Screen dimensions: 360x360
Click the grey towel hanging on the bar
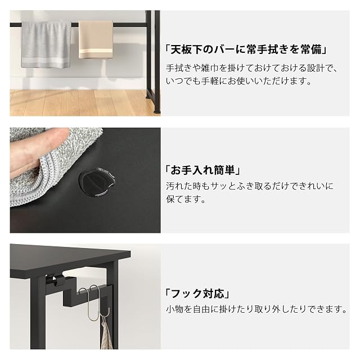click(x=46, y=45)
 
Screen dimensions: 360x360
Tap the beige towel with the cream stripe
click(x=96, y=39)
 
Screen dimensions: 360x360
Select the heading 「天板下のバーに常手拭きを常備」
click(x=246, y=49)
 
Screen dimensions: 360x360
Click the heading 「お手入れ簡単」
click(x=202, y=170)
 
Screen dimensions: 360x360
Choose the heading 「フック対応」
click(x=197, y=294)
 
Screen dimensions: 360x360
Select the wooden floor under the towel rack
click(x=78, y=102)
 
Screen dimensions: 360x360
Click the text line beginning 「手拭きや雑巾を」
click(x=252, y=68)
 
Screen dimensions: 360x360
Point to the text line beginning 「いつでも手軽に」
click(x=238, y=81)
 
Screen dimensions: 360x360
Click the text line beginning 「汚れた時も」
click(x=250, y=186)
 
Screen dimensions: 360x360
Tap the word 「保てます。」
click(x=186, y=199)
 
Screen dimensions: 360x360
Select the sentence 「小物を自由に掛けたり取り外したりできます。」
click(x=256, y=309)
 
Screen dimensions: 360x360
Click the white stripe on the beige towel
click(x=96, y=51)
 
